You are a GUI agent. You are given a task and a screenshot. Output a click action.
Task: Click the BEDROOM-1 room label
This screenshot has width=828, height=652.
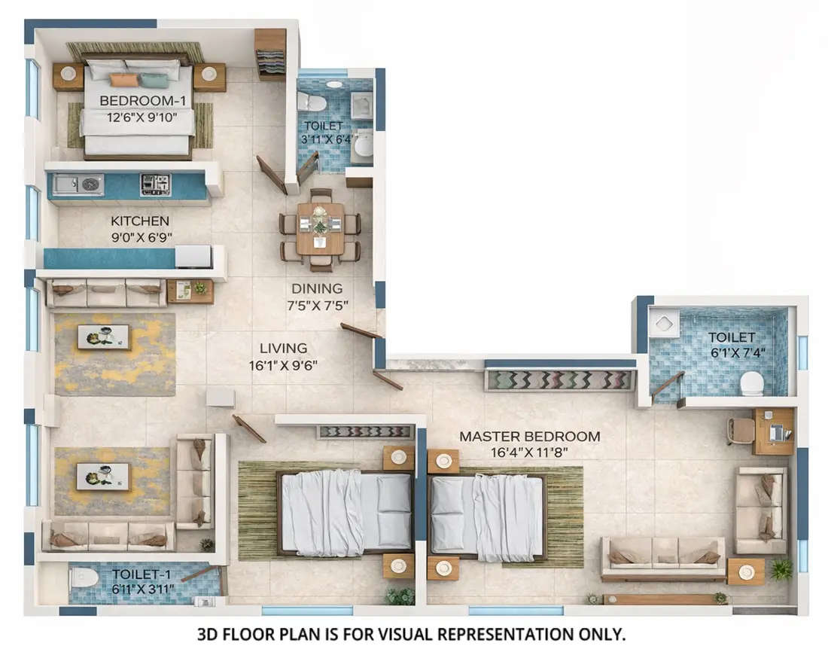click(x=139, y=100)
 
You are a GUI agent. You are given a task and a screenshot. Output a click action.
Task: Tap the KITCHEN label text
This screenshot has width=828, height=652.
click(x=140, y=221)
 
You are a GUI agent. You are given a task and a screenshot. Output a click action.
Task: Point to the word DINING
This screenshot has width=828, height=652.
click(x=317, y=288)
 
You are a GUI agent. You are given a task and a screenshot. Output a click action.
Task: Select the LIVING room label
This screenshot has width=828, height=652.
click(x=283, y=349)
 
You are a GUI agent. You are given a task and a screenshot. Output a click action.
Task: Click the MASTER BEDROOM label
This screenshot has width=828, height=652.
click(x=530, y=437)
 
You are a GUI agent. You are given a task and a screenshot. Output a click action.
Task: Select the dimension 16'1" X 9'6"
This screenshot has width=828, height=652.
click(x=283, y=366)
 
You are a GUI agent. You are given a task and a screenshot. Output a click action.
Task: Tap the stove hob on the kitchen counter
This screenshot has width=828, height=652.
click(x=156, y=184)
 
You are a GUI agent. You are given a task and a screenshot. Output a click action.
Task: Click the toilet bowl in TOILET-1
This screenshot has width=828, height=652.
click(x=84, y=577)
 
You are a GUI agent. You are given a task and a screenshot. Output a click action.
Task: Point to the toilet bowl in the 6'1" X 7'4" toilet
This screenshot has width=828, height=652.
click(x=751, y=383)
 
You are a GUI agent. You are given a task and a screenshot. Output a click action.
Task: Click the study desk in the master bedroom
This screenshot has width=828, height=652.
click(x=773, y=431)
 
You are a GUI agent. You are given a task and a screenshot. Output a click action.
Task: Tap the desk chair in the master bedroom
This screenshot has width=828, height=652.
click(x=741, y=431)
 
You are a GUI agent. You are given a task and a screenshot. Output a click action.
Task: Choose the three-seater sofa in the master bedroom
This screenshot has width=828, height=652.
click(x=663, y=556)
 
